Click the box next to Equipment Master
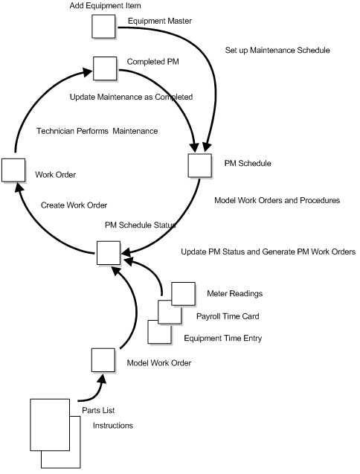(103, 26)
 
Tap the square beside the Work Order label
(13, 169)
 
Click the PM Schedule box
(200, 164)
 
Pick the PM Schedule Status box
(108, 252)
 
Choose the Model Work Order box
(103, 360)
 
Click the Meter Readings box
(183, 292)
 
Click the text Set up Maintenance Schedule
(277, 51)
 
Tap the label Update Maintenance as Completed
(131, 97)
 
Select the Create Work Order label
(74, 205)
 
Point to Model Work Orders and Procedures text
(277, 200)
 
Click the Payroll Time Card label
(228, 316)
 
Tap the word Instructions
(112, 426)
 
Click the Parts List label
(97, 410)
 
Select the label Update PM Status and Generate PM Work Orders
(268, 252)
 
